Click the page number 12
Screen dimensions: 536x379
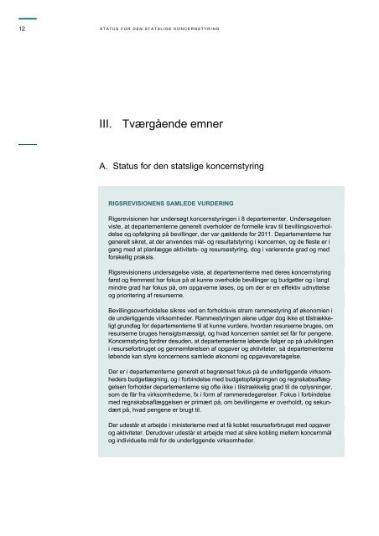point(21,28)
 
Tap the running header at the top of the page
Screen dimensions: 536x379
point(158,28)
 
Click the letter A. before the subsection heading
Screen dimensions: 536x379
point(104,167)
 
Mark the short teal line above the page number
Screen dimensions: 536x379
point(27,18)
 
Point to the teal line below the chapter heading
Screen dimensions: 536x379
point(27,145)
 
